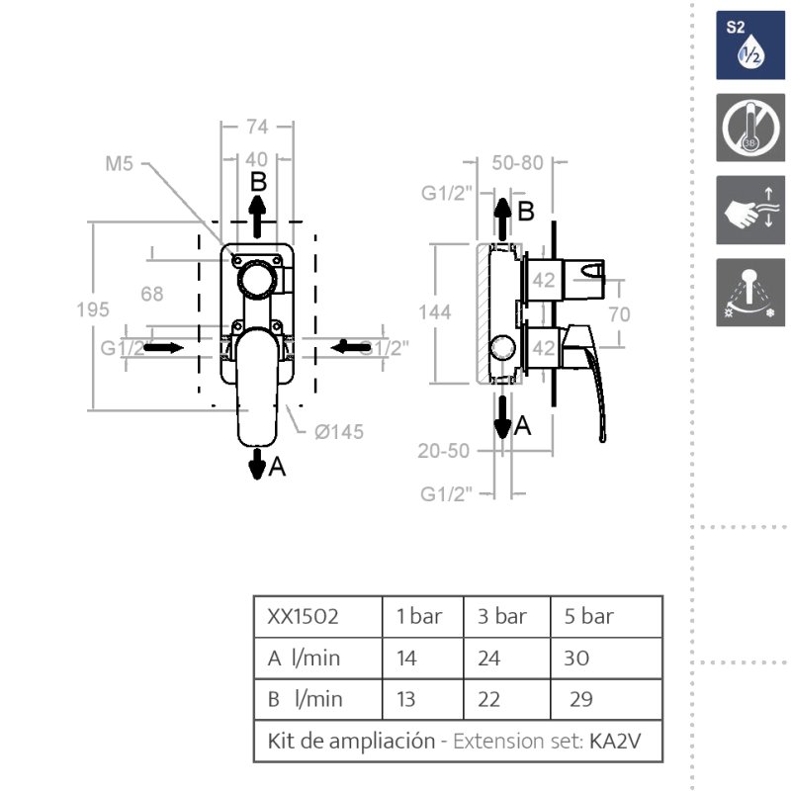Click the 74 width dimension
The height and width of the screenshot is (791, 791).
pyautogui.click(x=257, y=126)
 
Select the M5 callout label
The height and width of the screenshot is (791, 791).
pyautogui.click(x=119, y=164)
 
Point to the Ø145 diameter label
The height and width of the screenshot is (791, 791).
pyautogui.click(x=338, y=432)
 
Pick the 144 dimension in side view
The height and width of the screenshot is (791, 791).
pyautogui.click(x=434, y=311)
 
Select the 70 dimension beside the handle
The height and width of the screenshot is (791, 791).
pyautogui.click(x=620, y=316)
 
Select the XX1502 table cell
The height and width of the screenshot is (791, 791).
pyautogui.click(x=304, y=617)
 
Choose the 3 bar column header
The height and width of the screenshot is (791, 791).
pyautogui.click(x=502, y=617)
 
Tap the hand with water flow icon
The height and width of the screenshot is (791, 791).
pyautogui.click(x=749, y=211)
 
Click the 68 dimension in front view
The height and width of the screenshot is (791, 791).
pyautogui.click(x=152, y=294)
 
